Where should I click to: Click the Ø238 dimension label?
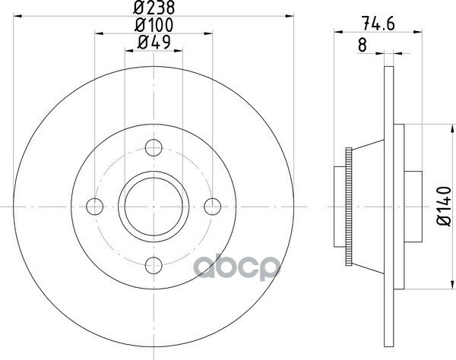pyautogui.click(x=154, y=8)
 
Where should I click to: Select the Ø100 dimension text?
pyautogui.click(x=154, y=25)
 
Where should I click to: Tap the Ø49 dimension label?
pyautogui.click(x=154, y=43)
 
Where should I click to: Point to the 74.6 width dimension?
pyautogui.click(x=378, y=24)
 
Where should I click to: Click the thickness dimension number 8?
pyautogui.click(x=362, y=46)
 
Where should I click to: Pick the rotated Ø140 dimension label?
pyautogui.click(x=444, y=207)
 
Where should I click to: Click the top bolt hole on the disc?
pyautogui.click(x=154, y=147)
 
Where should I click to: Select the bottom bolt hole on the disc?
pyautogui.click(x=154, y=265)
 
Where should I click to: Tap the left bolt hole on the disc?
pyautogui.click(x=95, y=207)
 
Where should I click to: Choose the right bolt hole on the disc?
pyautogui.click(x=213, y=207)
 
